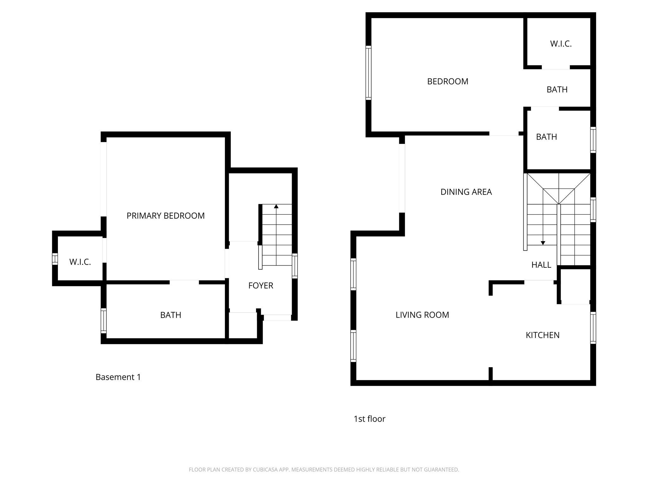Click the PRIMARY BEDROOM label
165,216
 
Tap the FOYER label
260,285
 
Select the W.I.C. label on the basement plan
80,262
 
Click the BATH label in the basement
171,315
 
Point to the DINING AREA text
466,192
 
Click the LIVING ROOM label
422,315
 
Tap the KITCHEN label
542,335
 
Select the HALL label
541,265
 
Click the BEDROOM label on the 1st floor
447,82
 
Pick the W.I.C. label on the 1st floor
561,44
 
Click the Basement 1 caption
118,377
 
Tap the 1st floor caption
369,419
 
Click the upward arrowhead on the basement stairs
276,206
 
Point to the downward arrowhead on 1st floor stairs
543,243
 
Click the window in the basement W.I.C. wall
55,259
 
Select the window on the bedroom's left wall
368,73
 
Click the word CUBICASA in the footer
265,470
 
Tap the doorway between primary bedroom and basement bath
184,282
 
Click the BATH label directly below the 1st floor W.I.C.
557,90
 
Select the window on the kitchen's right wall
593,327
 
